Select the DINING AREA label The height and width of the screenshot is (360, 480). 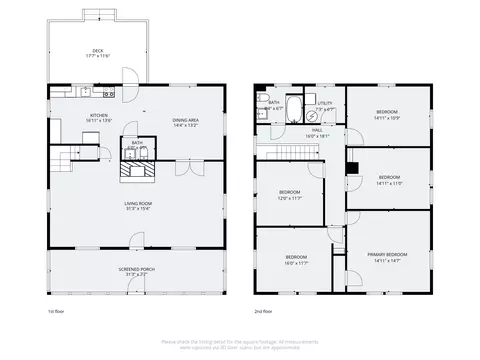pos(185,121)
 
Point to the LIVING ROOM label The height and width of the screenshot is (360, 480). pos(137,205)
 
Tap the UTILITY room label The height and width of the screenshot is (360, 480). pos(325,104)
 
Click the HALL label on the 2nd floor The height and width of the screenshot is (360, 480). pos(316,130)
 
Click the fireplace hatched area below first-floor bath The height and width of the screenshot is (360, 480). pos(137,171)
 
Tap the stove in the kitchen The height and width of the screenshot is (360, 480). pos(107,94)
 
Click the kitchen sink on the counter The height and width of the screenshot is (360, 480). pos(87,94)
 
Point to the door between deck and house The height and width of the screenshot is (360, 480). pos(127,77)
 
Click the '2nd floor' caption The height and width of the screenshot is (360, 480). pos(264,310)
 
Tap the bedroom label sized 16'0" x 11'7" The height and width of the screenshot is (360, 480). pos(295,260)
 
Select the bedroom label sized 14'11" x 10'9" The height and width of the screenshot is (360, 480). pos(388,114)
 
